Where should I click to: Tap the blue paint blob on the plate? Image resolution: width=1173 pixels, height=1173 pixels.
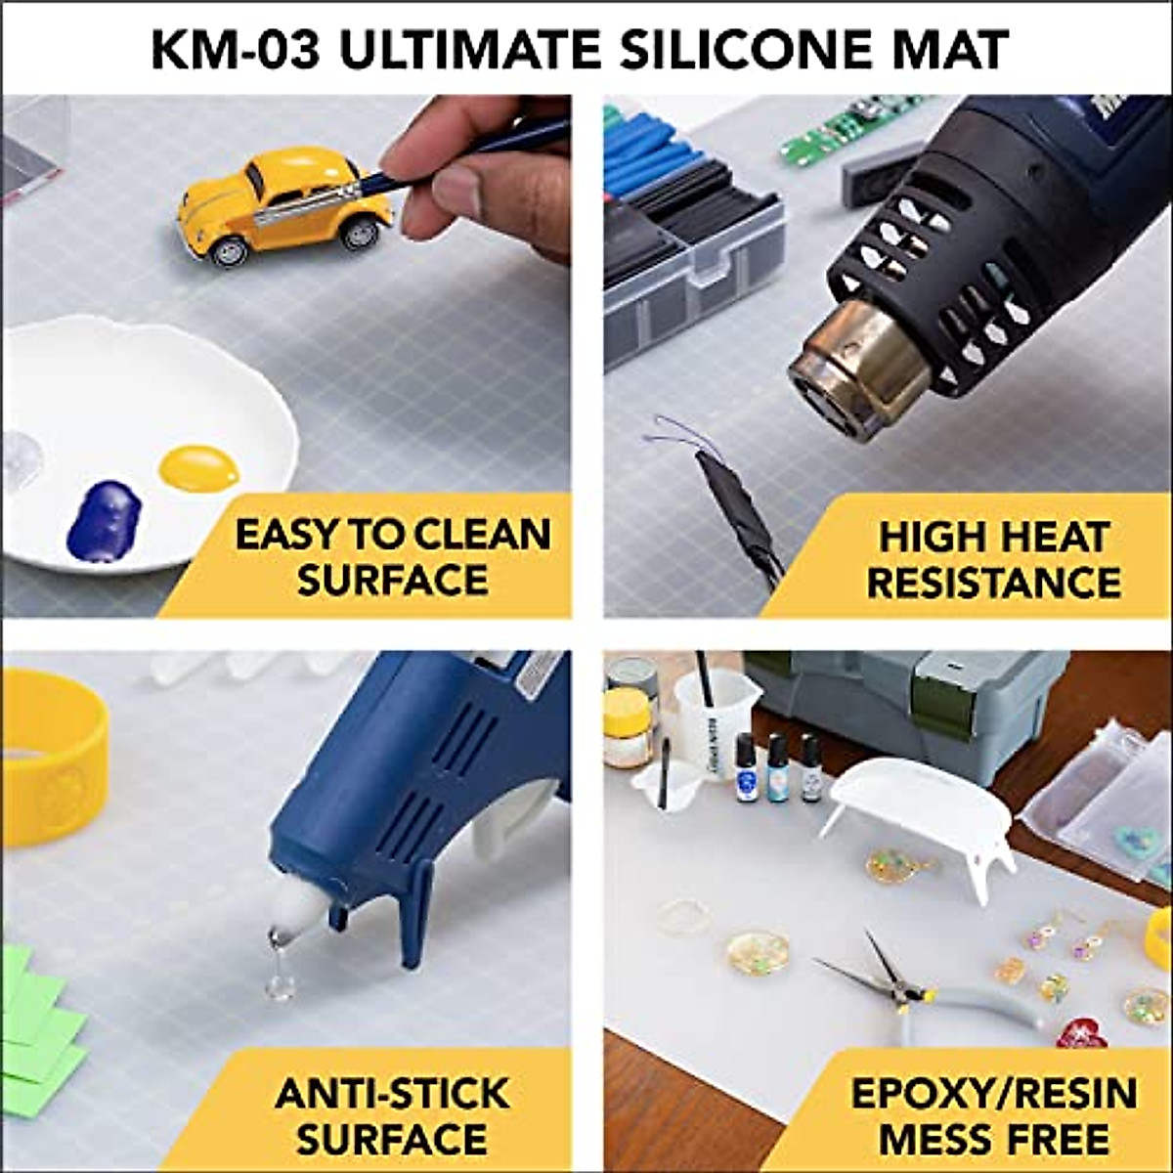click(104, 518)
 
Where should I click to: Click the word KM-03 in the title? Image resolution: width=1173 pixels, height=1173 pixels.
click(236, 49)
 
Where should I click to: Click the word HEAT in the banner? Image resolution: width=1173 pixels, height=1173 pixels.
click(1052, 537)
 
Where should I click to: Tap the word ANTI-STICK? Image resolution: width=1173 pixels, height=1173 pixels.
click(392, 1092)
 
